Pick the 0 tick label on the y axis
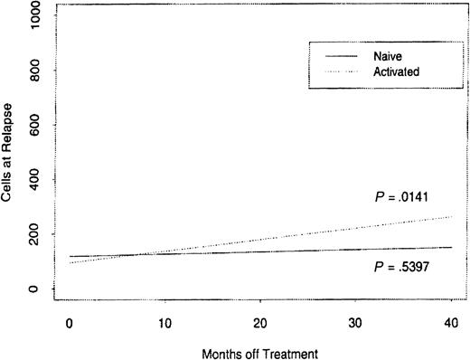point(34,289)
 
